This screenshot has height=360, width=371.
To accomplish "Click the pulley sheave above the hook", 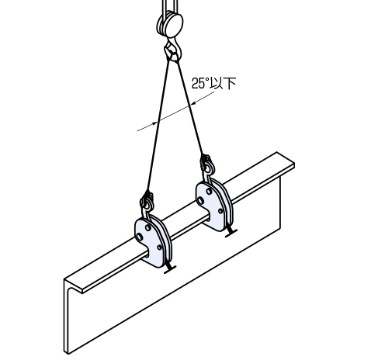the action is (x=170, y=24).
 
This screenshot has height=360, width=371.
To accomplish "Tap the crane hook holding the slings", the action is (x=173, y=50).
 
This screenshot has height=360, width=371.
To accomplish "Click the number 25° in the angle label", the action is (x=199, y=83).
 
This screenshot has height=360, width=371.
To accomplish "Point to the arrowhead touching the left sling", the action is (x=154, y=123).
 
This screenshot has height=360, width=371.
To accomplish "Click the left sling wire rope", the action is (x=158, y=126).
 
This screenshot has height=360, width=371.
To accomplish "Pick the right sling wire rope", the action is (x=190, y=108).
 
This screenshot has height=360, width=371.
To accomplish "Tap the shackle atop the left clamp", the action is (x=147, y=201).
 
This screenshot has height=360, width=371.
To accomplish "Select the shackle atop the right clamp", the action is (x=207, y=164).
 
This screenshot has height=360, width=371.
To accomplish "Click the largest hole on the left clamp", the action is (x=139, y=237).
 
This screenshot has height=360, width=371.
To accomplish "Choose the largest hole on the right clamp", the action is (x=199, y=200).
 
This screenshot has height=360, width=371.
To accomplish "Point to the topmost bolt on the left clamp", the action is (x=148, y=227).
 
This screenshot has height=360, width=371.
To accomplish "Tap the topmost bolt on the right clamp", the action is (x=209, y=192).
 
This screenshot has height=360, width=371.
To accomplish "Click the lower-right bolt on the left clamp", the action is (x=160, y=247).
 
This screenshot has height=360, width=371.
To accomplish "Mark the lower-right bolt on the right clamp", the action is (x=220, y=211).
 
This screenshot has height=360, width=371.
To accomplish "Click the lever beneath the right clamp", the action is (x=231, y=232).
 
